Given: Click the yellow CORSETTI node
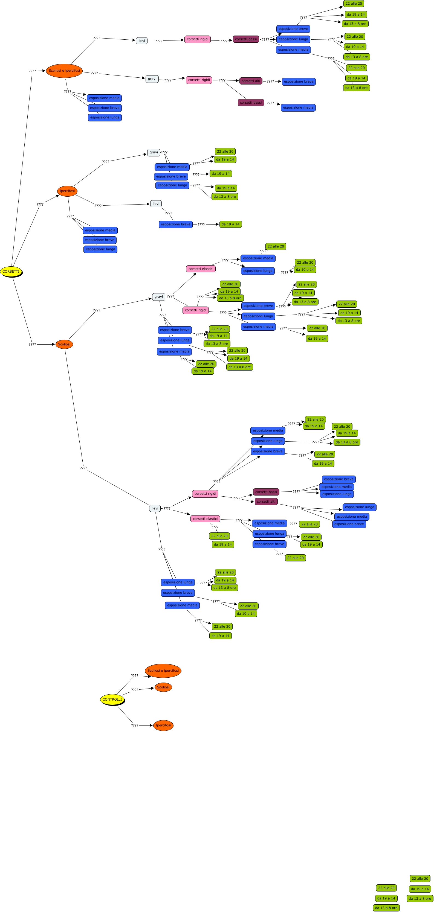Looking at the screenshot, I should [11, 272].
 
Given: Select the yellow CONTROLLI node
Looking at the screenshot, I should [112, 699].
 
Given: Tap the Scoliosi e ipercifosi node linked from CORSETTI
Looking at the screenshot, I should [64, 71].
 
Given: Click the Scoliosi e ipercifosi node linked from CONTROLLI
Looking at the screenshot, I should [163, 670].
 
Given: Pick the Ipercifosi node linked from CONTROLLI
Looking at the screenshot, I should [163, 725].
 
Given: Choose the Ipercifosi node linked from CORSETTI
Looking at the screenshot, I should [67, 191].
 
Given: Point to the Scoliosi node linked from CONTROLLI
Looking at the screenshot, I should [163, 687].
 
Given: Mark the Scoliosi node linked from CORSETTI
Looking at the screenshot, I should [64, 344].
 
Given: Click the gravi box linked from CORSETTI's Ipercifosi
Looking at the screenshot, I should [154, 152].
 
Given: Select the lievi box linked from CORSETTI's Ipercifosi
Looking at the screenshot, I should [156, 203].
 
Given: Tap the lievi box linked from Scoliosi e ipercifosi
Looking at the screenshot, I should [142, 41].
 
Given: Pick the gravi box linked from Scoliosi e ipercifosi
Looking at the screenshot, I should [152, 78].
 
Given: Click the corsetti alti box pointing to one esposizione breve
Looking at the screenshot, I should [251, 81].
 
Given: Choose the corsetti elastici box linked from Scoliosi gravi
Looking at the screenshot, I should [201, 269].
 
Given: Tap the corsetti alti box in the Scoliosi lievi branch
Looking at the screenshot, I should [266, 501].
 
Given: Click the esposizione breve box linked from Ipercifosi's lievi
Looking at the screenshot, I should [175, 224].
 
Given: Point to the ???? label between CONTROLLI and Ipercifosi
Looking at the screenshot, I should [135, 725].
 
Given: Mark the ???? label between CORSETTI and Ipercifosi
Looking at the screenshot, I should [40, 204].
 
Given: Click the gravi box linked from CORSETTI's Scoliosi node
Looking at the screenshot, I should [159, 297].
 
